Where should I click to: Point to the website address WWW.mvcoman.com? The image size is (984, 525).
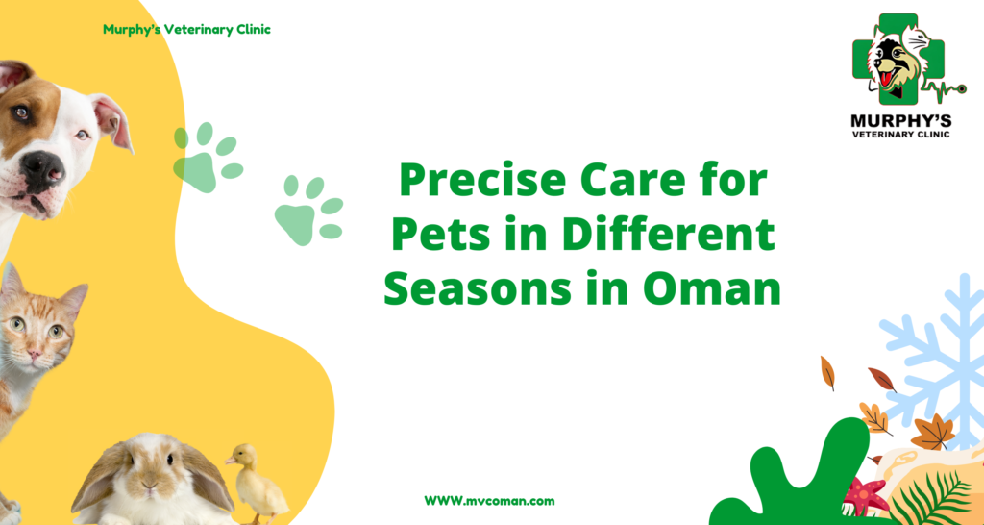[x=489, y=501]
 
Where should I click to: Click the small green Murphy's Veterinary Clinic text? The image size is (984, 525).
[x=187, y=30]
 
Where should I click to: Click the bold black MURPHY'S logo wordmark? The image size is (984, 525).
[x=900, y=119]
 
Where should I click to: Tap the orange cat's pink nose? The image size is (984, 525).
[x=35, y=355]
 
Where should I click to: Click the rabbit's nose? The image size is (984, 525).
[x=149, y=484]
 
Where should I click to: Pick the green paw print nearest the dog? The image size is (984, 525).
[x=208, y=157]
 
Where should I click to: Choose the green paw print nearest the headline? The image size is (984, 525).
[x=308, y=210]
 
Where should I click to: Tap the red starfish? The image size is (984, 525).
[x=866, y=495]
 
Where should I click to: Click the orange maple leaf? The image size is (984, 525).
[x=932, y=432]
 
